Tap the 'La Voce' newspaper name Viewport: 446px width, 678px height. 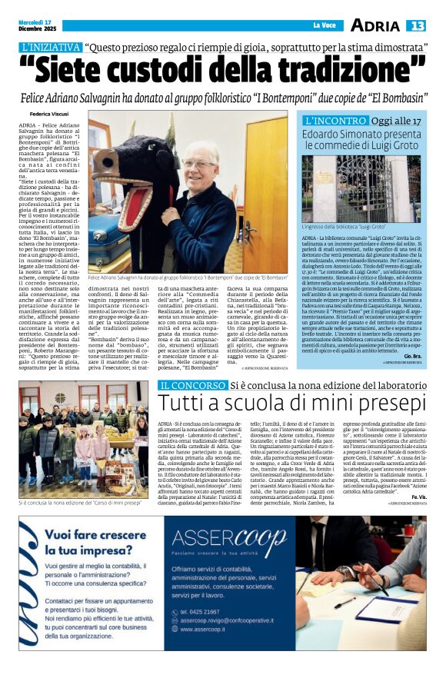coord(325,26)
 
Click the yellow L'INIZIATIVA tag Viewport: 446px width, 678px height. coord(51,47)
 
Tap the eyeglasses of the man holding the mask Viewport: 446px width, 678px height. coord(198,163)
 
